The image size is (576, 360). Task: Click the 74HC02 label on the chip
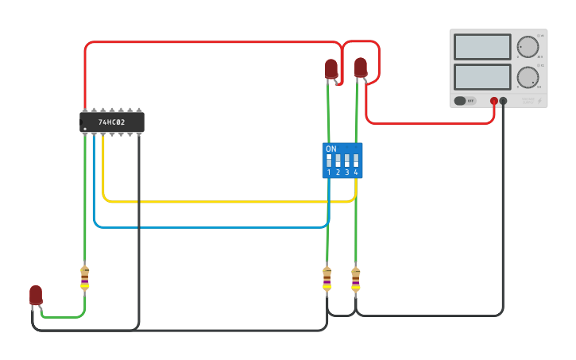pos(111,122)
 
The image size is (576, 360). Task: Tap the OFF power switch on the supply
pos(465,101)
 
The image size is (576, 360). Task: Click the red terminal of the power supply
pos(494,101)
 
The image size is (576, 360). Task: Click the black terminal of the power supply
pos(503,101)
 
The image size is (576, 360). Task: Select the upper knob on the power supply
pos(527,46)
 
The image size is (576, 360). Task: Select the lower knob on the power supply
pos(527,77)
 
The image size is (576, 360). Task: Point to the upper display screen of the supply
pos(482,47)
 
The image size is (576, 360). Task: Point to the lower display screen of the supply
pos(482,77)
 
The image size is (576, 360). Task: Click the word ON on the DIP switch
pos(331,149)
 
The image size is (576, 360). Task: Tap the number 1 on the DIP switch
pos(329,172)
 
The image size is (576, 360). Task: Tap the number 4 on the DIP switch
pos(356,172)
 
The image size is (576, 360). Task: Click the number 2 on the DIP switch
pos(338,172)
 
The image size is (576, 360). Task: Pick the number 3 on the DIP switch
pos(347,172)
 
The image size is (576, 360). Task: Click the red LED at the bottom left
pos(36,294)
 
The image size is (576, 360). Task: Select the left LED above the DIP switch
pos(331,68)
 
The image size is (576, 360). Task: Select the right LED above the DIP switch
pos(361,67)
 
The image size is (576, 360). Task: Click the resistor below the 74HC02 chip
pos(85,278)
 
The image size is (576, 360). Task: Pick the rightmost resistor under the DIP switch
pos(355,279)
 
